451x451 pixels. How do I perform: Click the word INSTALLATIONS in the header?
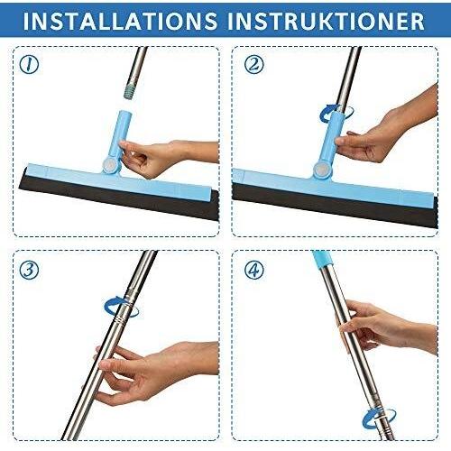point(120,21)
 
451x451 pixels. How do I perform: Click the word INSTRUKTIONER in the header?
point(326,21)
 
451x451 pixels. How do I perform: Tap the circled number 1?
point(29,65)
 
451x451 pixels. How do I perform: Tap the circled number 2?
point(254,65)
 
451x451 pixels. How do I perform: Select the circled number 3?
point(29,270)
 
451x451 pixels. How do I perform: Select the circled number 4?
point(254,270)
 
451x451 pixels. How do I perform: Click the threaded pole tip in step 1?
point(130,90)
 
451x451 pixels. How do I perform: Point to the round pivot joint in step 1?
point(108,165)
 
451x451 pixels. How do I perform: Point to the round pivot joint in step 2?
point(320,169)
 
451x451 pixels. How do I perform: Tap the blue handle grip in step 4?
point(322,259)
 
